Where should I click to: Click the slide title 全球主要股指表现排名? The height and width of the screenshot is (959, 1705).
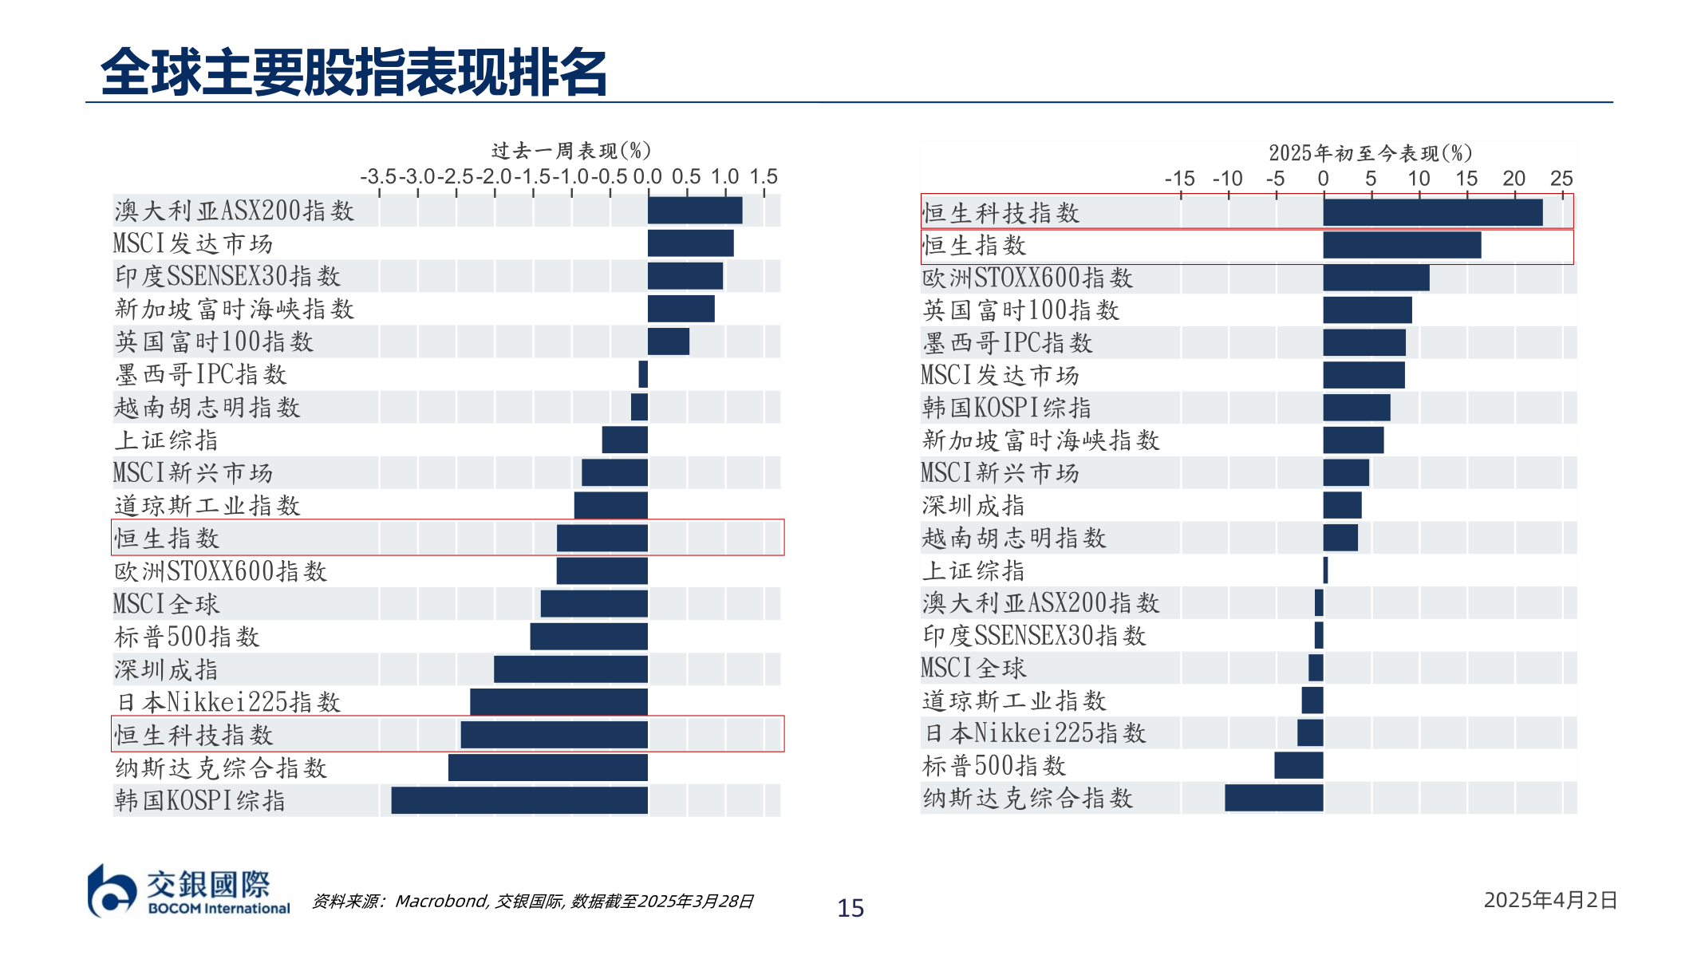click(x=353, y=72)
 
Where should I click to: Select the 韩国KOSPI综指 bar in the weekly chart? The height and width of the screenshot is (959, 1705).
click(x=519, y=800)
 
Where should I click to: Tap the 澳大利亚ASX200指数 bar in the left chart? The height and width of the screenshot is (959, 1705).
click(x=694, y=211)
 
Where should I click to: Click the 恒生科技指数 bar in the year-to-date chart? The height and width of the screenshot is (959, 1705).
click(x=1432, y=212)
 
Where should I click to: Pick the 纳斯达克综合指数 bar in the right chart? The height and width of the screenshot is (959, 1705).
click(x=1273, y=798)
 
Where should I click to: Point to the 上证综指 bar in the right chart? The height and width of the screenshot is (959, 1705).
click(x=1325, y=570)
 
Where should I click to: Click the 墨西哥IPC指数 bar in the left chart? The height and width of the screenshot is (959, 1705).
click(x=643, y=374)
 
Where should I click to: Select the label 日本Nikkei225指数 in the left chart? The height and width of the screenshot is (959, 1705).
click(x=228, y=702)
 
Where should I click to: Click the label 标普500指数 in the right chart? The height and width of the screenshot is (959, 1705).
click(x=994, y=766)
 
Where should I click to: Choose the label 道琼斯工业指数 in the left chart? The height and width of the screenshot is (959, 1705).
click(x=207, y=506)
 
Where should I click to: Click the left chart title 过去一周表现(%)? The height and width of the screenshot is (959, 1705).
click(x=571, y=151)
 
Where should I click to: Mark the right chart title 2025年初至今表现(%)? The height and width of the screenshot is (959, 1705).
click(x=1370, y=153)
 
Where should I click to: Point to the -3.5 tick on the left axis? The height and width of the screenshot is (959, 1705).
click(x=377, y=176)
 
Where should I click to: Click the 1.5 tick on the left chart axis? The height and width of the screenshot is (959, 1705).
click(x=764, y=176)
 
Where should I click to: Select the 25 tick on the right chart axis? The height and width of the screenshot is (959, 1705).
click(x=1561, y=179)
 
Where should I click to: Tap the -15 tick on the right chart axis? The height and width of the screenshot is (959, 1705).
click(x=1179, y=179)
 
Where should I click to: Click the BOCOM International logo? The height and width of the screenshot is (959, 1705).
click(x=189, y=890)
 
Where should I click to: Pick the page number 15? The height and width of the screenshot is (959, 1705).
click(x=851, y=908)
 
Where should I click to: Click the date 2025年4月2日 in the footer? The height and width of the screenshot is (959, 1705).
click(x=1549, y=900)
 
